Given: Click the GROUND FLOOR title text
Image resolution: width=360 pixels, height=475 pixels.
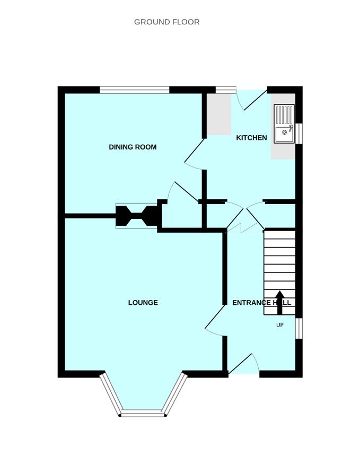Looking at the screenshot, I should [166, 22].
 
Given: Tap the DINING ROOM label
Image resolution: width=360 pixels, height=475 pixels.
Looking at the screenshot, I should [133, 147].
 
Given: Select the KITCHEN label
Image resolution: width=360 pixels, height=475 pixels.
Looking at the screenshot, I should [251, 138].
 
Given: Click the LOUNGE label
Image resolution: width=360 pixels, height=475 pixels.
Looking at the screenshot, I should [143, 303].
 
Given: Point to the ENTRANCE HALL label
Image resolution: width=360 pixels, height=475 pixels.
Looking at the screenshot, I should [261, 303].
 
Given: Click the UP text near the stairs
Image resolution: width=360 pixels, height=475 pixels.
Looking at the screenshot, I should [280, 325].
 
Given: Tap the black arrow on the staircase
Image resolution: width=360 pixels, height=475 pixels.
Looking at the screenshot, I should [280, 302].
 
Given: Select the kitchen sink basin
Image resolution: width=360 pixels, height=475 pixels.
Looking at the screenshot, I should [284, 133].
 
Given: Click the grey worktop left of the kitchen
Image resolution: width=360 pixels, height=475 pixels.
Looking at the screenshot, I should [219, 114].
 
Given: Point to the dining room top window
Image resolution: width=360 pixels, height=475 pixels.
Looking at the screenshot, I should [134, 90].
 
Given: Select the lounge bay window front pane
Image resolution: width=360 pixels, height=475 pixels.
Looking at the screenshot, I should [143, 414].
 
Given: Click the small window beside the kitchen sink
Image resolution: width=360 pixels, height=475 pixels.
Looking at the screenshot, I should [299, 133].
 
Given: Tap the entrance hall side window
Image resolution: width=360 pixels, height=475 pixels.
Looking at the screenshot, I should [299, 328].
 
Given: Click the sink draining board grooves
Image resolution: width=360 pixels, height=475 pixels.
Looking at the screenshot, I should [284, 114].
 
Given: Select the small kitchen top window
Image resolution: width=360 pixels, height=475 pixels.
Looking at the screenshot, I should [226, 90].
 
